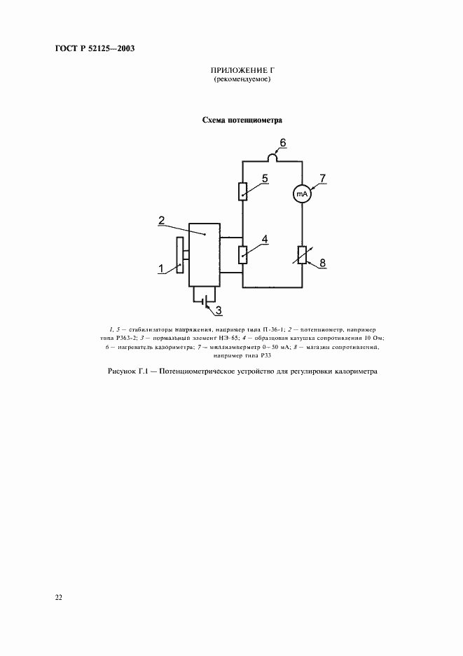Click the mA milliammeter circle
pyautogui.click(x=301, y=194)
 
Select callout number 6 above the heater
pyautogui.click(x=283, y=143)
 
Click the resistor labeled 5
pyautogui.click(x=242, y=191)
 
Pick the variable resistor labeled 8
pyautogui.click(x=301, y=256)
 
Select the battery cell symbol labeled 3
pyautogui.click(x=204, y=302)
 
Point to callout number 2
pyautogui.click(x=162, y=220)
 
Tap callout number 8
pyautogui.click(x=322, y=263)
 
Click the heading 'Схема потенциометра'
pyautogui.click(x=242, y=120)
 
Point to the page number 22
pyautogui.click(x=58, y=597)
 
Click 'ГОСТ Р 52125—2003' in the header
pyautogui.click(x=95, y=48)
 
